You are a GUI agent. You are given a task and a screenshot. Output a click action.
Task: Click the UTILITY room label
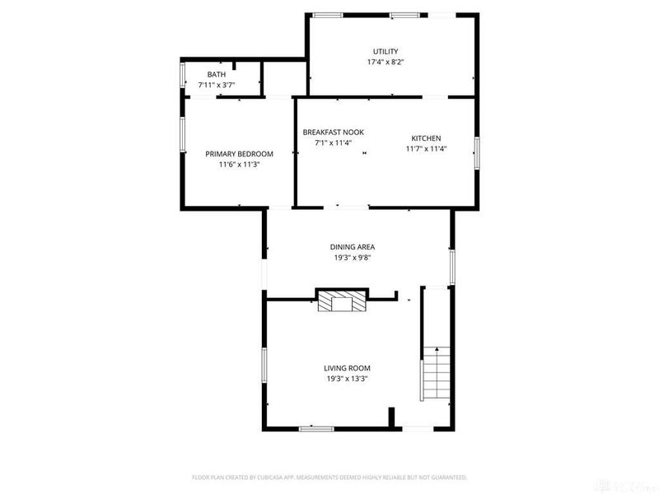[x=385, y=51]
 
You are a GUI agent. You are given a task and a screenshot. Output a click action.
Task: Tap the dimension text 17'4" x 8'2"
[x=385, y=62]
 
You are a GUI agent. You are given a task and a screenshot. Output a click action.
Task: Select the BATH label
[x=216, y=74]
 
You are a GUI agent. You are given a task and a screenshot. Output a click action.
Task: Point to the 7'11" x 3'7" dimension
[x=216, y=84]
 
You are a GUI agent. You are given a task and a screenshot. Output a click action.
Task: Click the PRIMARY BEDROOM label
[x=239, y=154]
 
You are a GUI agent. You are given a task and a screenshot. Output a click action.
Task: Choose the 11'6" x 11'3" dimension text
[x=239, y=165]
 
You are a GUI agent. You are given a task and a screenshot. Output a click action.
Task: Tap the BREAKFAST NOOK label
[x=333, y=132]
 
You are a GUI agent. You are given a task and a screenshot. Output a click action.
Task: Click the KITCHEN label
[x=426, y=138]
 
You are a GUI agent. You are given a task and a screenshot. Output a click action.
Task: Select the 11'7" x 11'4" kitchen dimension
[x=426, y=149]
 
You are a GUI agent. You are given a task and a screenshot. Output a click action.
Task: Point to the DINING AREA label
[x=353, y=246]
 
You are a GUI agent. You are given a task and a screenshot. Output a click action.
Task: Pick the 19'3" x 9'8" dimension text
[x=353, y=257]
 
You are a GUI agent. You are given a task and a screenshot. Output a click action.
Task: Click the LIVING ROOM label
[x=347, y=368]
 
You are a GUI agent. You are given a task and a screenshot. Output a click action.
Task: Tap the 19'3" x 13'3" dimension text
[x=347, y=379]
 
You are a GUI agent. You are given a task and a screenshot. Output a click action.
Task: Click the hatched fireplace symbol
[x=343, y=302]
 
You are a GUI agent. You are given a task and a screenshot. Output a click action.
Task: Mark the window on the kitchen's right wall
[x=476, y=153]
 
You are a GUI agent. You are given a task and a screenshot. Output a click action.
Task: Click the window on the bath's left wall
[x=182, y=75]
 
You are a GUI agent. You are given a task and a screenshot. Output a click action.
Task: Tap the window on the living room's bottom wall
[x=315, y=428]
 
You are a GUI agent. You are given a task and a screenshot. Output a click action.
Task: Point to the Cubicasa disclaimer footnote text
[x=329, y=477]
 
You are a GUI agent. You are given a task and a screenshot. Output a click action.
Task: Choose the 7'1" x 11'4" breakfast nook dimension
[x=333, y=142]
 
